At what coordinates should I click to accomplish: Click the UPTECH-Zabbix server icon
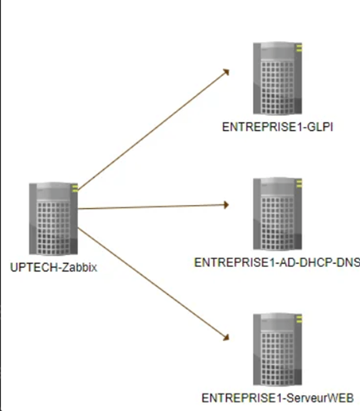pos(54,218)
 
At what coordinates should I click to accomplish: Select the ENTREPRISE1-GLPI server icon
pos(278,78)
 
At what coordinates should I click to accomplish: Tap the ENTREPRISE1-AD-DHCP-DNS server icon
pos(278,213)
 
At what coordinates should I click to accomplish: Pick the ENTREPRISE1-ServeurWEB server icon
pos(278,349)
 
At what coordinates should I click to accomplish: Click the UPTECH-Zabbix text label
pos(54,268)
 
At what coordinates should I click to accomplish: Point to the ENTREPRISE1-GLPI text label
pos(278,127)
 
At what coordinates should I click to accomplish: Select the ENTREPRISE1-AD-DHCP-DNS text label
pos(277,263)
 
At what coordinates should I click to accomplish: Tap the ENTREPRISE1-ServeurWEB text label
pos(278,398)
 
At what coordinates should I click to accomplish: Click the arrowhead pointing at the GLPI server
pos(226,72)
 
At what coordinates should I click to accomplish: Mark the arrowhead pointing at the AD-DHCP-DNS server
pos(226,205)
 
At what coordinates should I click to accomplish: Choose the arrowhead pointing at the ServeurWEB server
pos(226,337)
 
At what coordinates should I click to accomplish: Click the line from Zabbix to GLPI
pos(154,129)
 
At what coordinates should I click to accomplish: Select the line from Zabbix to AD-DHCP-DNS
pos(154,207)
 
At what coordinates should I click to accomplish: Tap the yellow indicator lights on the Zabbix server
pos(75,188)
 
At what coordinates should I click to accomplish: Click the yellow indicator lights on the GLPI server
pos(299,48)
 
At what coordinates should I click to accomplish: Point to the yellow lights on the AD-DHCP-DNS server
pos(299,184)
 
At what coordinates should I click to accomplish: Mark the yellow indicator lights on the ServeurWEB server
pos(299,320)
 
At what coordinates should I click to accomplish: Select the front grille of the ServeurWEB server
pos(278,359)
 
